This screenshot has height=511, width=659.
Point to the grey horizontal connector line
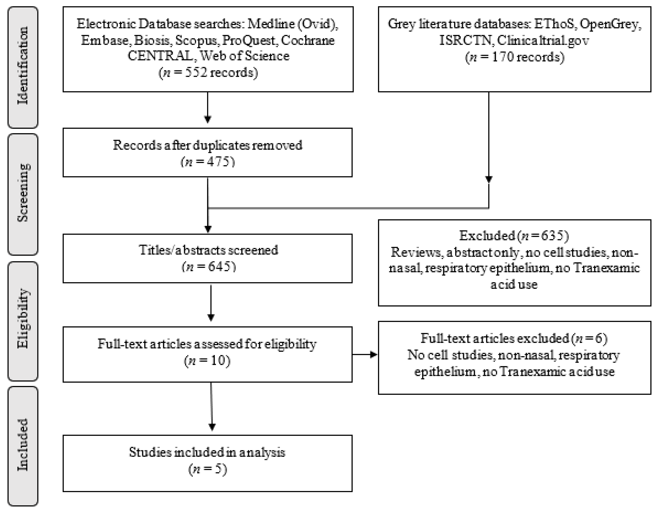(347, 208)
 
